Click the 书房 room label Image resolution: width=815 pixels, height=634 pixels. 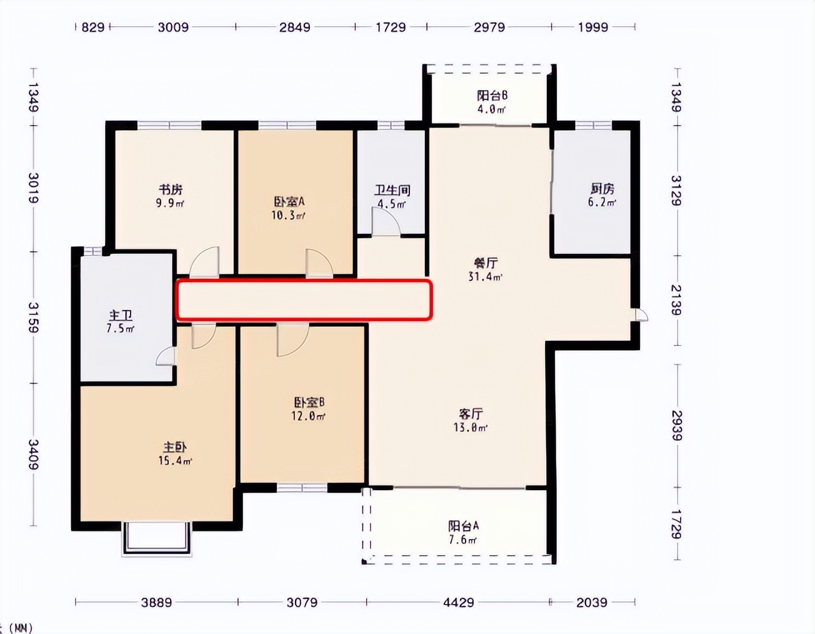[170, 189]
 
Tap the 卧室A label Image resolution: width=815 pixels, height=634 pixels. [288, 202]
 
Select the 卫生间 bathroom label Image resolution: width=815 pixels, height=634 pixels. [392, 190]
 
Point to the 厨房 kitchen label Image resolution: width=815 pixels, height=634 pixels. [602, 189]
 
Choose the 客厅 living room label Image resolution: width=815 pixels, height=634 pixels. [471, 414]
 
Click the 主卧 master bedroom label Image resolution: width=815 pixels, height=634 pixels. [175, 448]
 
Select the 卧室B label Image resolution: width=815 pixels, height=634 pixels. [309, 402]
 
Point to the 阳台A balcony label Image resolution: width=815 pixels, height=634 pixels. [463, 526]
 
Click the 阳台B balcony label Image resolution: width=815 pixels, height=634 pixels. [492, 96]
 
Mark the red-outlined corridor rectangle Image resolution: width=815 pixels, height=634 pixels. [304, 300]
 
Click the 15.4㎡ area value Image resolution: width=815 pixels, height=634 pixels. [175, 461]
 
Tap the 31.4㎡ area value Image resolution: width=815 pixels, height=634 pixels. [486, 276]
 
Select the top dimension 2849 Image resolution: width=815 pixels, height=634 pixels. [294, 27]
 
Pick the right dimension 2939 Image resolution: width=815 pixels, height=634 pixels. [677, 425]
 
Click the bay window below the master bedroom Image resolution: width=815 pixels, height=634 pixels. [156, 538]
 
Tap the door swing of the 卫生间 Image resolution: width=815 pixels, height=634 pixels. [386, 222]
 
